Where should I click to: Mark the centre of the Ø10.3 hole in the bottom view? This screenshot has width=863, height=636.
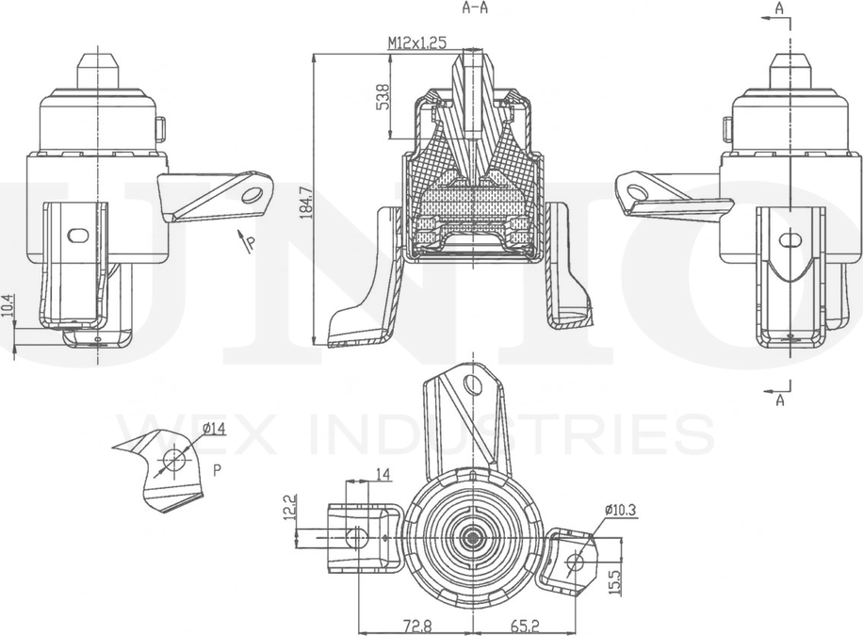pos(576,562)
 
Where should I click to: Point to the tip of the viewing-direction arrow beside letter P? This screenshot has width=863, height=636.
pos(239,230)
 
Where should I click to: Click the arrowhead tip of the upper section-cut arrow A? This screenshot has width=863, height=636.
pos(763,19)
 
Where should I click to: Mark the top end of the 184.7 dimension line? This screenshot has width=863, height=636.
pos(315,54)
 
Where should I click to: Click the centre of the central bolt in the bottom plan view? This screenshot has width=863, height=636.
pos(471,535)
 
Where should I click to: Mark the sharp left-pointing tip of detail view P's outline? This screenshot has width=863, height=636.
pos(112,447)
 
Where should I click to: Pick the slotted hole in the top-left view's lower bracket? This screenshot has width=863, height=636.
pos(77,236)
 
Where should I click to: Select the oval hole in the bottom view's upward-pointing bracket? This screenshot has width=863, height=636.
pos(472,384)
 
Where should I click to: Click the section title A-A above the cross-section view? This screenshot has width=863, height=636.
pos(476,8)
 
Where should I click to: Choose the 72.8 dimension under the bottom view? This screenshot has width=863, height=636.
pos(416,626)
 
